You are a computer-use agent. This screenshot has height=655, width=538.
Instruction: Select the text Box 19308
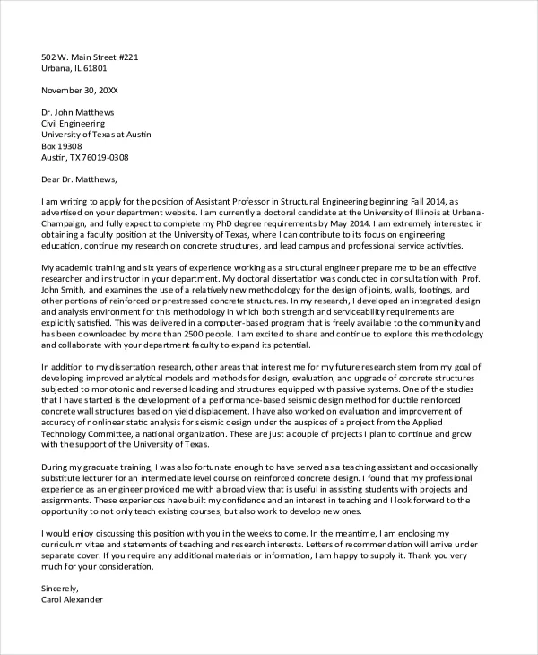(62, 146)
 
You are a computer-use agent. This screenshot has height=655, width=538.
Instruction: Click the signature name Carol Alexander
(73, 598)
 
